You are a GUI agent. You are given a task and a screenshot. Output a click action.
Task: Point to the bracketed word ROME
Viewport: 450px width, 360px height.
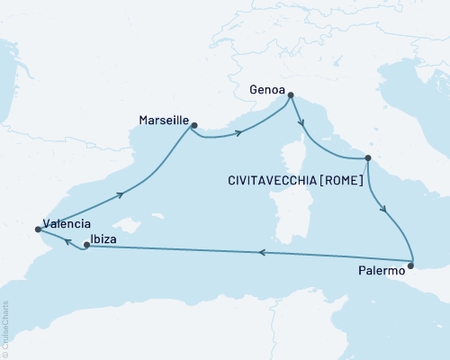click(x=345, y=181)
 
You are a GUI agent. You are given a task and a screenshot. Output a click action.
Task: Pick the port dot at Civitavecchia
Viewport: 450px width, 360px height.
click(x=368, y=159)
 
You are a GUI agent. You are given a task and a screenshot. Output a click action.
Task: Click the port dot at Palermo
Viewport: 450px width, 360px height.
click(x=410, y=265)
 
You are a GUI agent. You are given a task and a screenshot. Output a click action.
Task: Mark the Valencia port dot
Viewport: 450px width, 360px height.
click(x=38, y=229)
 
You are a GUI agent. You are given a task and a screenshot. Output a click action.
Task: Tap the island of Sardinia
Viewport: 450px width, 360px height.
click(x=291, y=221)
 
